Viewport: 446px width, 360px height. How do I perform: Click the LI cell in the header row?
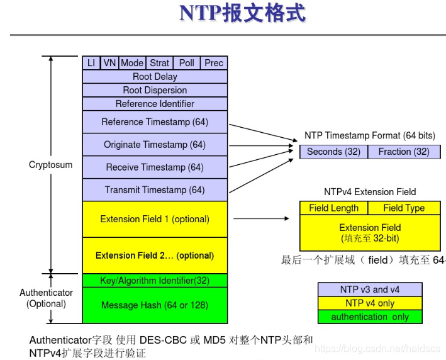point(91,63)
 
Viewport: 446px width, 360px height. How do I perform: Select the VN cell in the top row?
point(109,63)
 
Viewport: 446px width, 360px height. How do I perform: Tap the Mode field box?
point(132,63)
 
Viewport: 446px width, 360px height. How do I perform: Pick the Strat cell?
point(159,63)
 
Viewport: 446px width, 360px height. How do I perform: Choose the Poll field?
point(187,63)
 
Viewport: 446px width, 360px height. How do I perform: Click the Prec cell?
point(214,63)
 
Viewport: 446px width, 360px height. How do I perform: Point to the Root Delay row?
point(155,77)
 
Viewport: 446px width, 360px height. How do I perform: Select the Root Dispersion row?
point(155,90)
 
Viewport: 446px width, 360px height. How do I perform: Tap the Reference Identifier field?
point(155,104)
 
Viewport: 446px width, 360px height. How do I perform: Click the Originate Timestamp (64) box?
point(155,145)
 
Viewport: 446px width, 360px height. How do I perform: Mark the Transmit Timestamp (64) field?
point(155,190)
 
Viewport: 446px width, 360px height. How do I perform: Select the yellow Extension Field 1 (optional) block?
point(155,219)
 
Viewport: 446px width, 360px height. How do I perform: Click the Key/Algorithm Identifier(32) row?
point(155,281)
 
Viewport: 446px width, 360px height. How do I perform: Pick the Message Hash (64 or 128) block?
point(155,306)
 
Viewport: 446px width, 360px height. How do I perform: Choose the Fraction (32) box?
point(404,152)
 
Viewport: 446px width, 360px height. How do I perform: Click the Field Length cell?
point(333,208)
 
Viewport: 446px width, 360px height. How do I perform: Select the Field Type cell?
point(404,208)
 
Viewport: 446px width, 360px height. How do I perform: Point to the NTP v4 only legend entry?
point(370,303)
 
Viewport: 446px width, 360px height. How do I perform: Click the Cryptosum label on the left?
point(51,165)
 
